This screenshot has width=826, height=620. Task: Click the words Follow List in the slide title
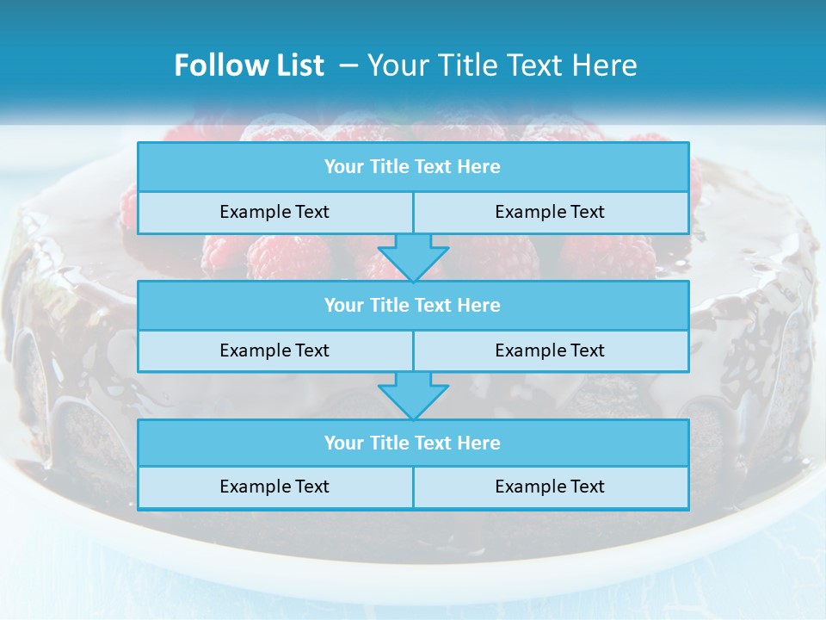249,65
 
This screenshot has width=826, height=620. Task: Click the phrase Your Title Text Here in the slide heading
502,65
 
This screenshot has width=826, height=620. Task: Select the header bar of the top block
413,167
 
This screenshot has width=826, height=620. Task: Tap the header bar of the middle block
413,306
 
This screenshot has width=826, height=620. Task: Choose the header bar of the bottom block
413,443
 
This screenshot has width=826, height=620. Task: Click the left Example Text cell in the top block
275,213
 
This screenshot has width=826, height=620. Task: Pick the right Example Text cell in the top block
551,213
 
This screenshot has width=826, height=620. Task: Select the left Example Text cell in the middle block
275,351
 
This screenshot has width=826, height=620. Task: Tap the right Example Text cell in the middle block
551,351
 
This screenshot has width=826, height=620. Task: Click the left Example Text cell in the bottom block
275,487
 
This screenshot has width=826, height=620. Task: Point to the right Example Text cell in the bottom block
551,487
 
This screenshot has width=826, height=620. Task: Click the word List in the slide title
296,65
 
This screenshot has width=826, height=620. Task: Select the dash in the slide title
348,65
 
